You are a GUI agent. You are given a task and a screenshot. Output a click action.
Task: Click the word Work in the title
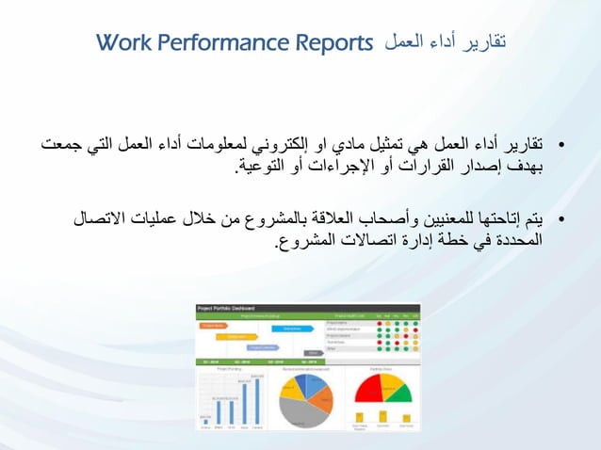(121, 42)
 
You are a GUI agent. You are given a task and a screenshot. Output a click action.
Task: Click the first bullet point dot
(561, 147)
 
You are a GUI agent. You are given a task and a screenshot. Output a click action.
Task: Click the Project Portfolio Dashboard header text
(226, 308)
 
